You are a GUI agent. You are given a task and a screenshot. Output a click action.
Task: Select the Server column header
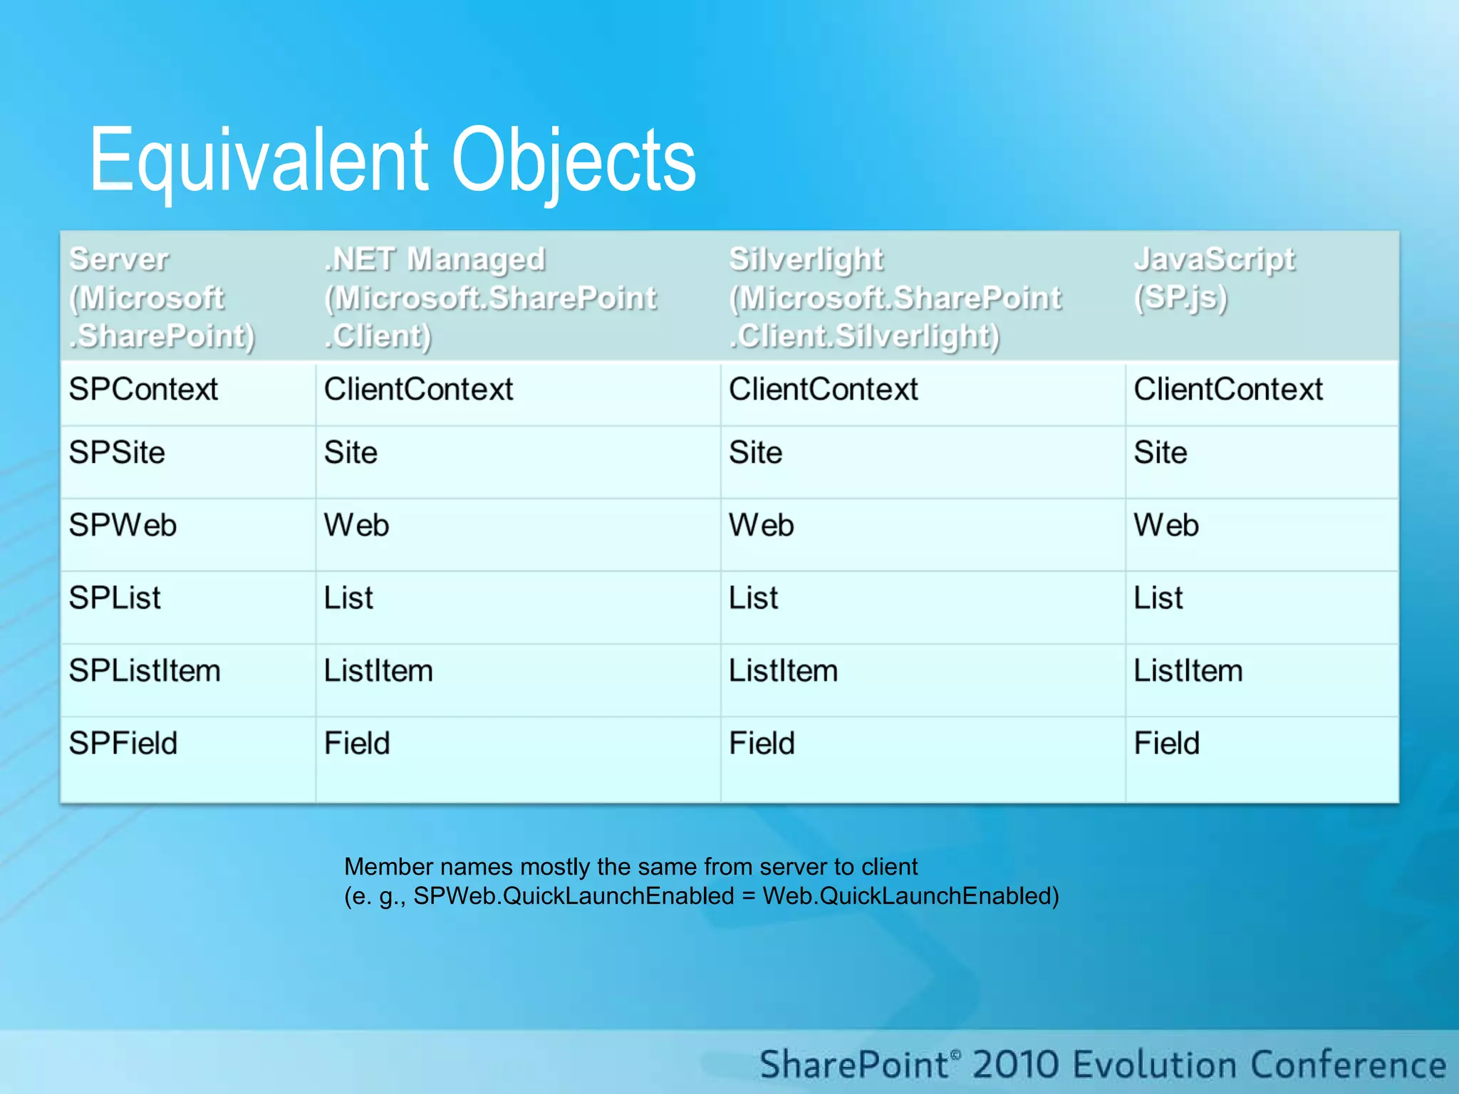click(162, 298)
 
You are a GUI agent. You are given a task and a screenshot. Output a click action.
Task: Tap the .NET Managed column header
click(490, 298)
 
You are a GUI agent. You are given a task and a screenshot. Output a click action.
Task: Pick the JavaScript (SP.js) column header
click(1214, 278)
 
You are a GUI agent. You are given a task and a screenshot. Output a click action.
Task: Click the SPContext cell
click(143, 390)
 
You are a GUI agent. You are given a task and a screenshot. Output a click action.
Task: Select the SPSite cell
click(117, 453)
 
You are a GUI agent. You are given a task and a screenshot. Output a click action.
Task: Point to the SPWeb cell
click(123, 526)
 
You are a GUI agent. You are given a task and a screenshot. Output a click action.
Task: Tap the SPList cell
click(115, 598)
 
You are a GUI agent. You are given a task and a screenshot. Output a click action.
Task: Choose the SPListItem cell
click(145, 671)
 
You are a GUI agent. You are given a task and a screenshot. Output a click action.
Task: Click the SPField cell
click(123, 744)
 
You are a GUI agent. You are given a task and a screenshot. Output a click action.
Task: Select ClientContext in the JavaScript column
click(1228, 390)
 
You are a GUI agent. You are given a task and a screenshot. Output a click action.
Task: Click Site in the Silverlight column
click(755, 453)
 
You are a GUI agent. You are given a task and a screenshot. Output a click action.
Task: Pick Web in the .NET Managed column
click(356, 526)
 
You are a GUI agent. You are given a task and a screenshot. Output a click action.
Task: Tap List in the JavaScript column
click(1158, 598)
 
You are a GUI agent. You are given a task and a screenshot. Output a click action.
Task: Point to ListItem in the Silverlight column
click(783, 671)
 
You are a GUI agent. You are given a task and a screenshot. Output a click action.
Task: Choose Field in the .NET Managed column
click(357, 744)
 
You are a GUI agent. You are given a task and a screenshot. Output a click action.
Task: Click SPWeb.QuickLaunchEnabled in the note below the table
click(573, 896)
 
